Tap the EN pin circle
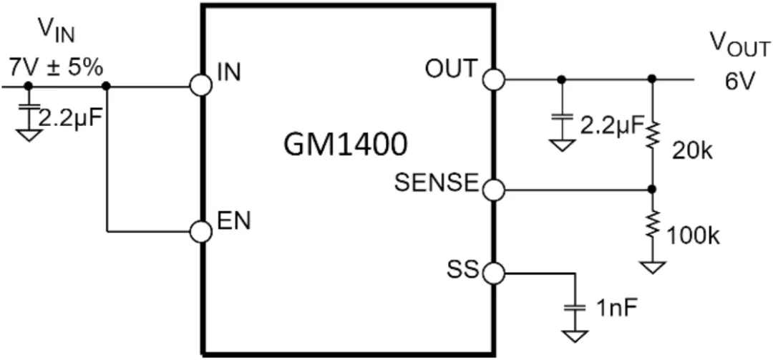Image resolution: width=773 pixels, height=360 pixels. tap(201, 231)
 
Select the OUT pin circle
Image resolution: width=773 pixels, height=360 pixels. tap(493, 79)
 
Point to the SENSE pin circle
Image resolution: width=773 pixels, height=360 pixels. tap(493, 190)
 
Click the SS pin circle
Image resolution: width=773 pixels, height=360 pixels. tap(493, 273)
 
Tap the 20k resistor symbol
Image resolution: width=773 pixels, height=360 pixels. tap(652, 135)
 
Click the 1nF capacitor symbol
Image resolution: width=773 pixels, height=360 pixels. tap(573, 308)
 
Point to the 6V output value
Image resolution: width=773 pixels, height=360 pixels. tap(740, 82)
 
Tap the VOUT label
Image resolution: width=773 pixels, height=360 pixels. tap(739, 47)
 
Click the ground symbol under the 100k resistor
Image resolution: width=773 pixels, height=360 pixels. tap(652, 268)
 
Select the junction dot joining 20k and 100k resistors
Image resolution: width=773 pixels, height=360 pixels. tap(652, 190)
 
